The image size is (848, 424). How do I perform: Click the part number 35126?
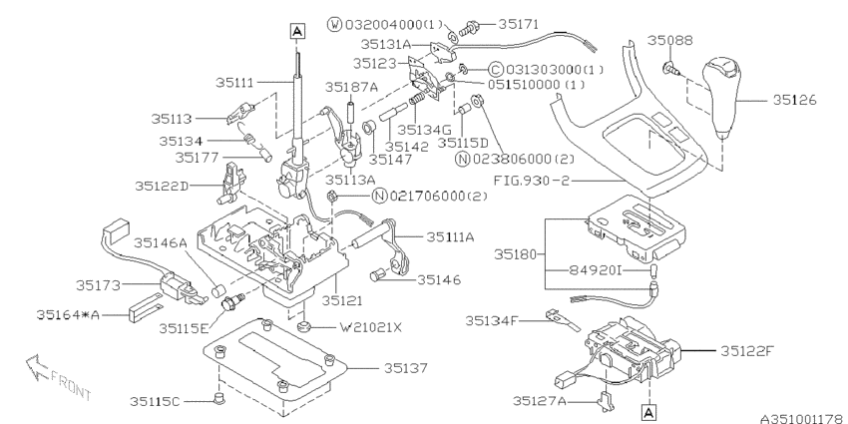(796, 99)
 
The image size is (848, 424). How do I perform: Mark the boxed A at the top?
(296, 31)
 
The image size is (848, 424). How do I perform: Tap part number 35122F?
(745, 350)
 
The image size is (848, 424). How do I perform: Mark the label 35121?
(341, 298)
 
